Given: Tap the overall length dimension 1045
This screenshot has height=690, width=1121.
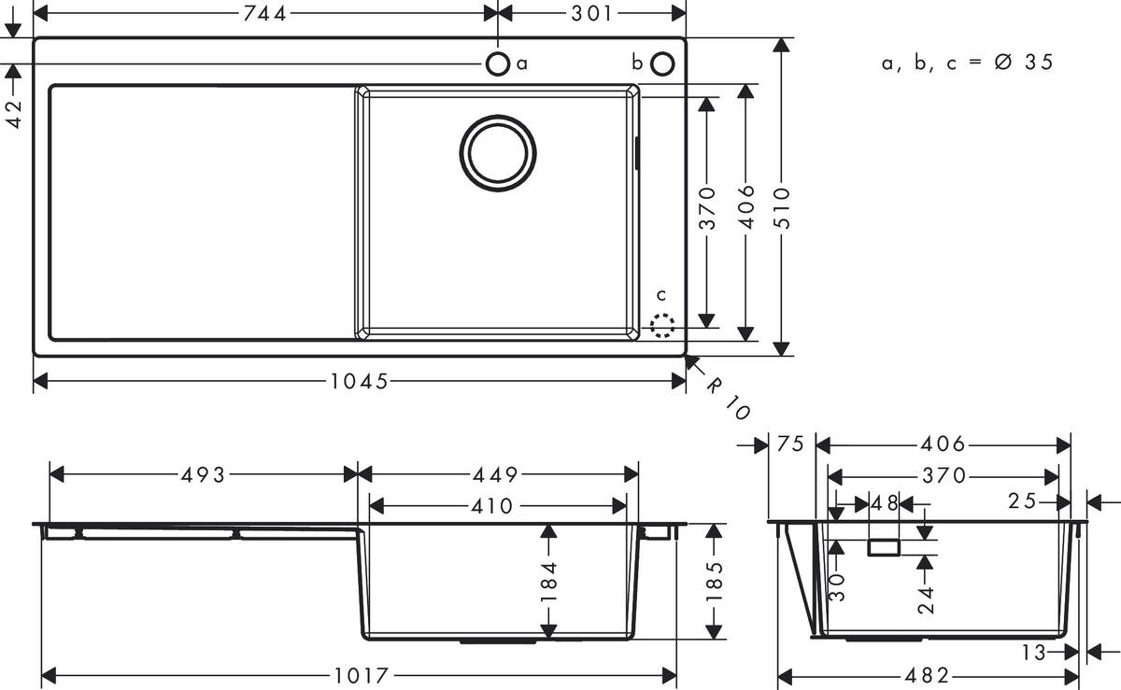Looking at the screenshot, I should click(x=358, y=382).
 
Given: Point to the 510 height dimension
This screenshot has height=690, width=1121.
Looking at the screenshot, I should click(x=782, y=207).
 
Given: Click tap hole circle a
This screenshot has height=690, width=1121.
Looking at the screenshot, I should click(x=498, y=63).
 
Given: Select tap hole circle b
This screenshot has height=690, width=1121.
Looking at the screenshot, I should click(x=662, y=63).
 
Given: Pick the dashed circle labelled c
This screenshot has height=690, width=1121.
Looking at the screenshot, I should click(x=662, y=325).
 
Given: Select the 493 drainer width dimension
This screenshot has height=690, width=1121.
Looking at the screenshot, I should click(x=203, y=475).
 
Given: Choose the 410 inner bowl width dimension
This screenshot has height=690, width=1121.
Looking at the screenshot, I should click(x=491, y=506).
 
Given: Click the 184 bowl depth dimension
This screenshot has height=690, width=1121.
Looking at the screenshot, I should click(x=548, y=581).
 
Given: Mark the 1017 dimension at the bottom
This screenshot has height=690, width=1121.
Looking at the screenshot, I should click(x=358, y=675).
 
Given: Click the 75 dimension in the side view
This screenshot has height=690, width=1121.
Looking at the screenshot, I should click(x=790, y=445).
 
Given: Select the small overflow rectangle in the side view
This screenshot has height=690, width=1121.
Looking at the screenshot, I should click(x=884, y=547).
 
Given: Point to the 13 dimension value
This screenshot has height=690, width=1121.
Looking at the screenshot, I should click(x=1033, y=653).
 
